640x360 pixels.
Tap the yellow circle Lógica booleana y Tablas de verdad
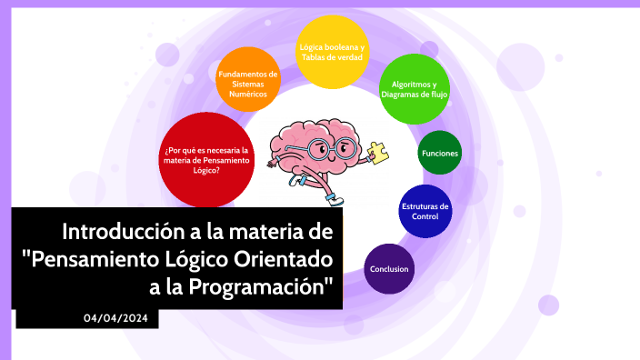(x=332, y=52)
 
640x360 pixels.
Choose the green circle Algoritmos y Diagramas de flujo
(x=413, y=89)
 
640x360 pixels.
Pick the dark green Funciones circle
(x=440, y=154)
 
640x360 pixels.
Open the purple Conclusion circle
(x=389, y=269)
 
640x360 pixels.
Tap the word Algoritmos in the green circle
(x=414, y=84)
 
